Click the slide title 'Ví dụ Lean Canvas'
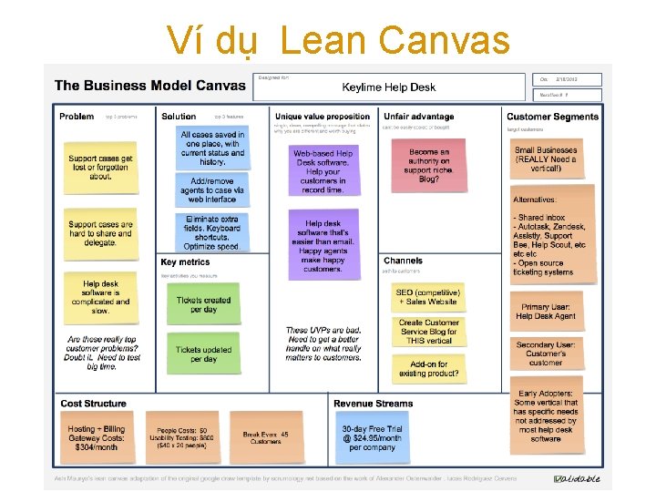point(338,40)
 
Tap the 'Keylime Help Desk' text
point(388,88)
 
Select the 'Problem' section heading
point(77,117)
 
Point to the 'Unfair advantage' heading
point(418,117)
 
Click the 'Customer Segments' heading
point(552,117)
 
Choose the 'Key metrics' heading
point(185,262)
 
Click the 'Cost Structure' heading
point(93,404)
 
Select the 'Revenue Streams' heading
point(374,404)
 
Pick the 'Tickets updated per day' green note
point(204,354)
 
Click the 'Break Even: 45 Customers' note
point(266,437)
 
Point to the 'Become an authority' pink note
point(429,165)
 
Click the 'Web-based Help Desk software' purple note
point(323,171)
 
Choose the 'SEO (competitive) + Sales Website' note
point(428,296)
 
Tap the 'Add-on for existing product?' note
point(428,368)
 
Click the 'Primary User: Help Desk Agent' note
point(545,312)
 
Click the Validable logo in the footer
point(579,479)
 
